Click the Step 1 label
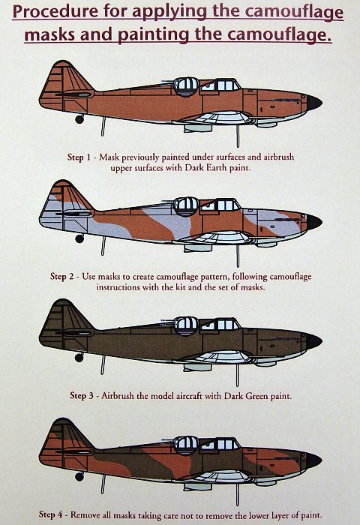coord(79,157)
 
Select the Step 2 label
coord(62,277)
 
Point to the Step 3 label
coord(82,396)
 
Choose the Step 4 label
coord(50,514)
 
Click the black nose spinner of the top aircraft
coord(313,103)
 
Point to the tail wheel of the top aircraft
coord(79,118)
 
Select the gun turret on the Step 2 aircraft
coord(186,207)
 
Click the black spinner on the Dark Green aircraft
coord(313,341)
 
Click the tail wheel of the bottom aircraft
coord(79,476)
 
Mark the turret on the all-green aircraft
coord(186,326)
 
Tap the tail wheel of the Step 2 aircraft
coord(79,238)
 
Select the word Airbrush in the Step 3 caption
coord(118,396)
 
